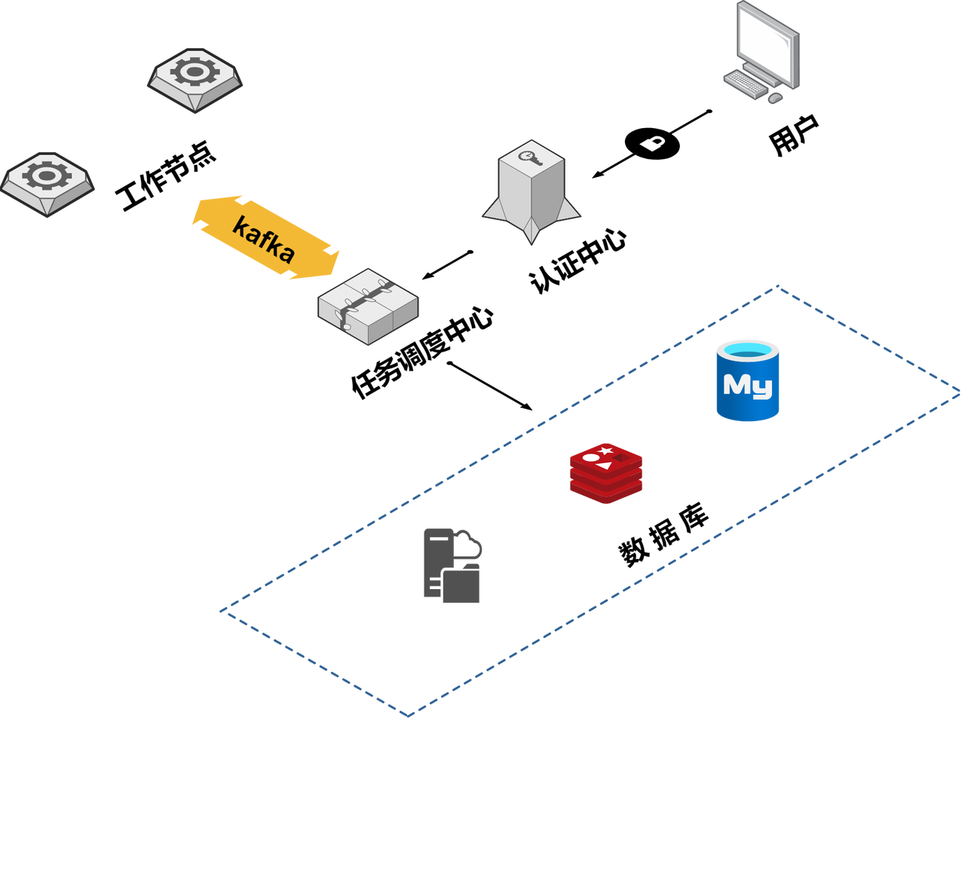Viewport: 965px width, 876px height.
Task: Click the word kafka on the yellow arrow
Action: click(263, 239)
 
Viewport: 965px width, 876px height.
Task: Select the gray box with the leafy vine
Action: click(368, 307)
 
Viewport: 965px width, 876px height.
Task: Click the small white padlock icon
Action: click(653, 143)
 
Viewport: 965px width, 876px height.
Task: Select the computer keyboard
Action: click(746, 82)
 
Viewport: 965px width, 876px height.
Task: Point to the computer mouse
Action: click(776, 99)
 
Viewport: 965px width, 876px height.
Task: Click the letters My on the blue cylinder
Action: click(747, 386)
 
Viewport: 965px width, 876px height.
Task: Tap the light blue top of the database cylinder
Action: click(747, 349)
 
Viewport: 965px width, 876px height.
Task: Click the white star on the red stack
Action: click(606, 450)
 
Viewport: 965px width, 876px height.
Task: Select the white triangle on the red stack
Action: click(604, 465)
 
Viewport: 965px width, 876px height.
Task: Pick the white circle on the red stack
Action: click(590, 458)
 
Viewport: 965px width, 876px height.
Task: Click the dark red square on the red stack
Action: click(620, 457)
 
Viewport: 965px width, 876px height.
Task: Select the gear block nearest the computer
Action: click(195, 79)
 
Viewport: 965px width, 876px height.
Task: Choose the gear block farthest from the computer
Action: click(47, 183)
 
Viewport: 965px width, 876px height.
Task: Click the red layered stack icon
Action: click(606, 472)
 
